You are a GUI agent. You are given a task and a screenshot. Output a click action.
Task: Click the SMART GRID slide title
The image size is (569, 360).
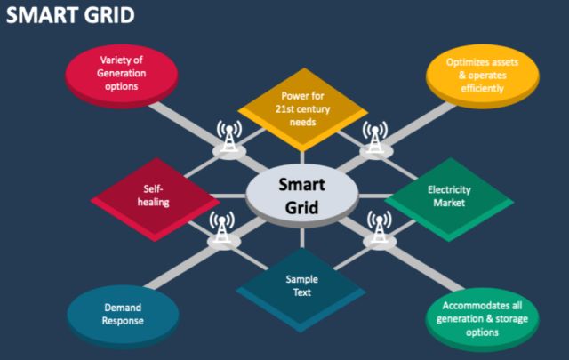71,15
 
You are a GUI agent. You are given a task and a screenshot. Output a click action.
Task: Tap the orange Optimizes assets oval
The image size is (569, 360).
482,76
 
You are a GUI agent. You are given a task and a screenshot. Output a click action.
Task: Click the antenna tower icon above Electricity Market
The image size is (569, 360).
375,137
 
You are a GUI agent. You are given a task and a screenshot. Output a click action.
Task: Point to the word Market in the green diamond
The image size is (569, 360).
449,203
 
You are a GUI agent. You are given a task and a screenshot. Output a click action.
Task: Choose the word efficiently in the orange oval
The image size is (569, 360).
482,90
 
